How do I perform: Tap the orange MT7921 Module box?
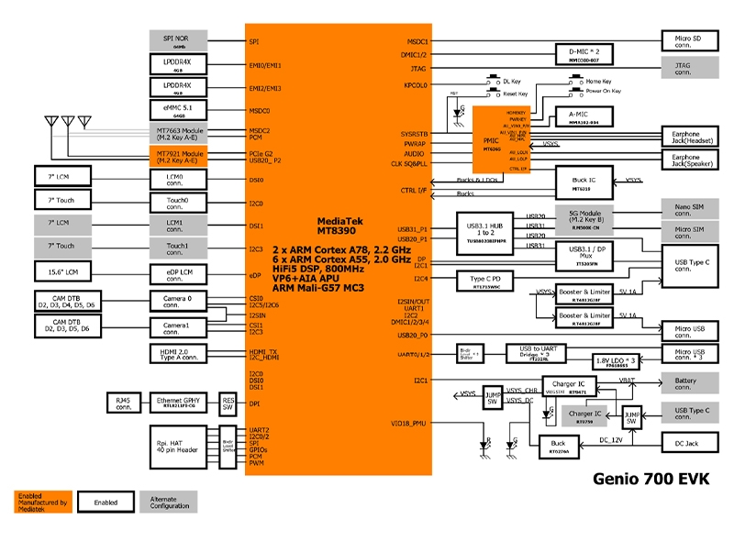coord(180,157)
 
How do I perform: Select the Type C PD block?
coord(486,281)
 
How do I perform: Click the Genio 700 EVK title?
coord(651,478)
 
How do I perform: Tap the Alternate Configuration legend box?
coord(168,502)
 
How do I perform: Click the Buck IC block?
coord(581,182)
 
